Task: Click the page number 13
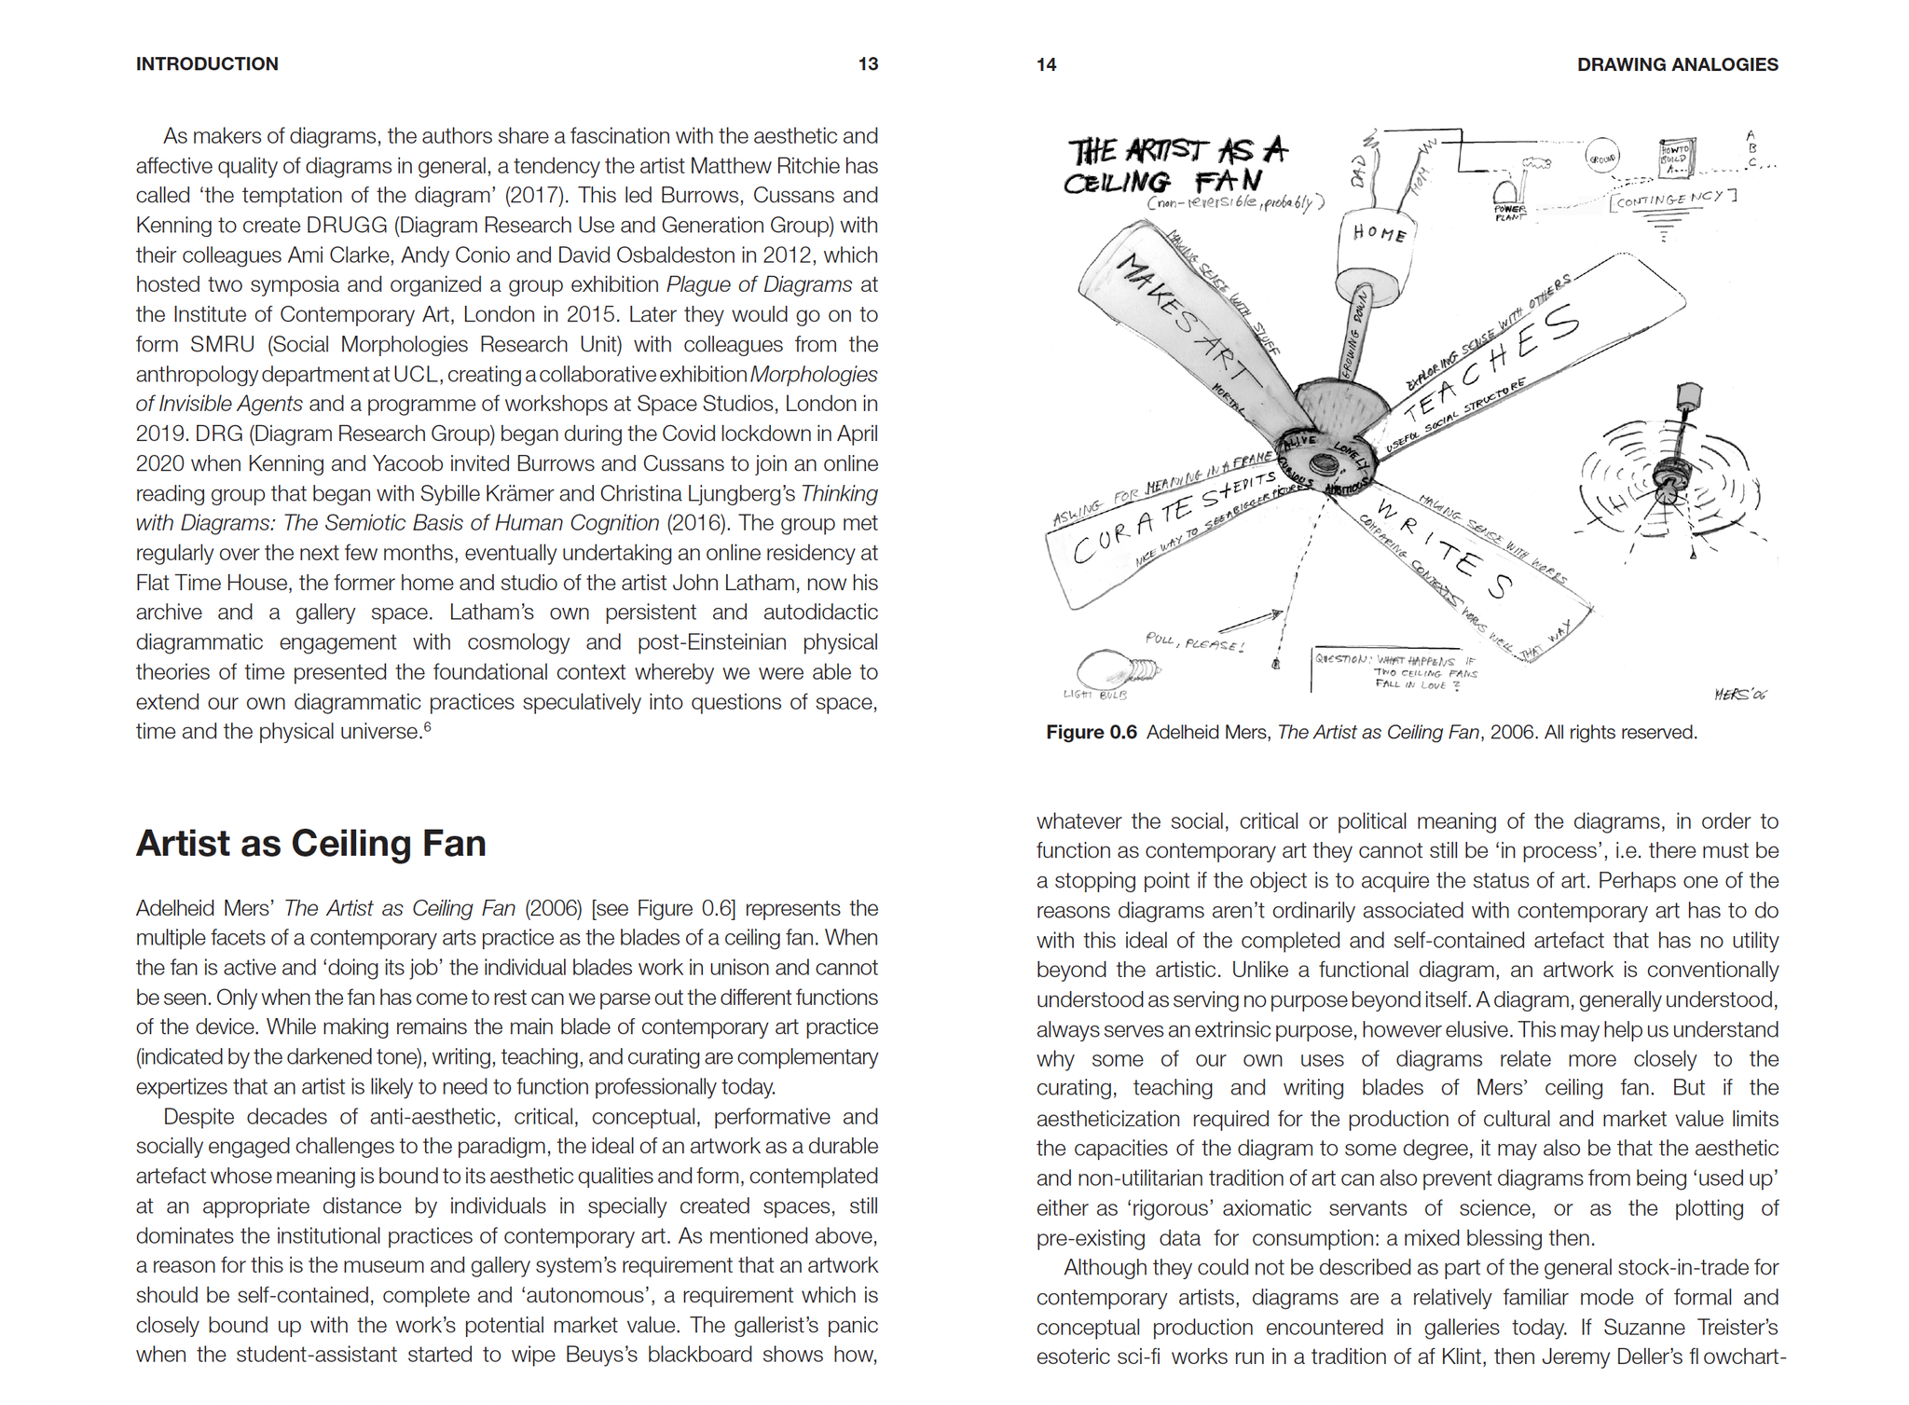click(x=868, y=64)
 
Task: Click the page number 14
click(x=1046, y=64)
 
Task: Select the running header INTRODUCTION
click(x=207, y=64)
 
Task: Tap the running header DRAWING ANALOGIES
click(x=1677, y=64)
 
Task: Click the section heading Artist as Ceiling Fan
click(x=310, y=844)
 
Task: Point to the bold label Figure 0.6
click(x=1091, y=733)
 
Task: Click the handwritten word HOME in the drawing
click(x=1379, y=233)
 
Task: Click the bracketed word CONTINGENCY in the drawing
click(x=1672, y=199)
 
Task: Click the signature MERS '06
click(x=1739, y=695)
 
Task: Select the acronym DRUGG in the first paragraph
click(x=341, y=226)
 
